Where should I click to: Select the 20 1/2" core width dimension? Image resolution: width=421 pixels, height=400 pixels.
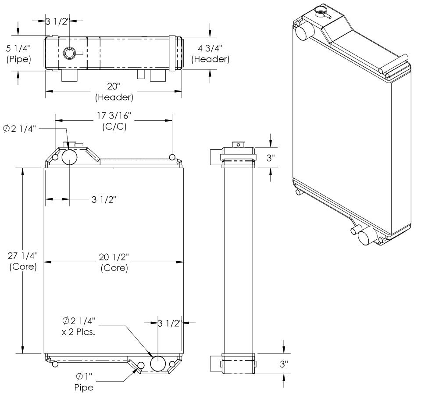pyautogui.click(x=114, y=262)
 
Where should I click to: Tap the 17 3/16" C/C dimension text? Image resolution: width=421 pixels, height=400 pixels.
pyautogui.click(x=113, y=123)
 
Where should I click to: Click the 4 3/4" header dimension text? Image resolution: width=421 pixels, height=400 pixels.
pyautogui.click(x=212, y=53)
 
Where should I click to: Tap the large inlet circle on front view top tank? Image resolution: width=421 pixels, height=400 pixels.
pyautogui.click(x=70, y=156)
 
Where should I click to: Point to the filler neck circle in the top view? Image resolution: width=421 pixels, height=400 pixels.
pyautogui.click(x=69, y=53)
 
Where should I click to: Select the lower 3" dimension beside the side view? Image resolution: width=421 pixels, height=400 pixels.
pyautogui.click(x=284, y=364)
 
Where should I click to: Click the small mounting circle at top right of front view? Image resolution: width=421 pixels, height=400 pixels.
pyautogui.click(x=172, y=157)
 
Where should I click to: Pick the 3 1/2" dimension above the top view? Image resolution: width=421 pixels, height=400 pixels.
pyautogui.click(x=57, y=21)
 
